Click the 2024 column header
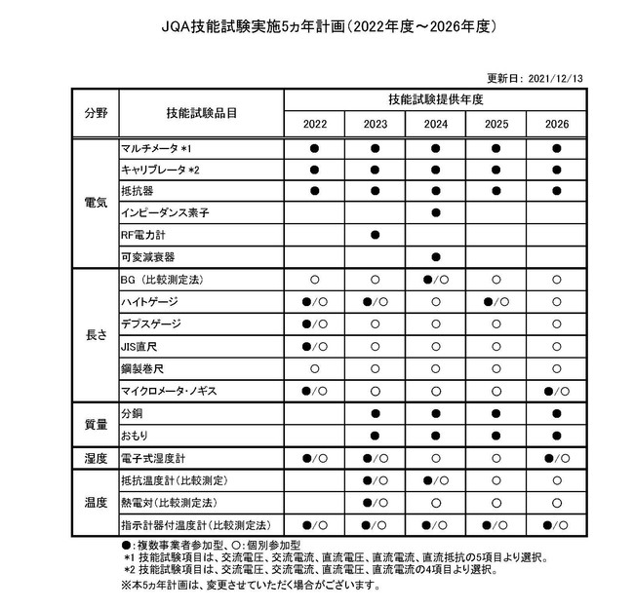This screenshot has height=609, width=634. pos(435,125)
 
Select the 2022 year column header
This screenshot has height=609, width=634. pos(315,125)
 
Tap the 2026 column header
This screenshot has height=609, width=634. pos(556,125)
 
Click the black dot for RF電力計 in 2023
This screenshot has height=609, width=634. pos(375,235)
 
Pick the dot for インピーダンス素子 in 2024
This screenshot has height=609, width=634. pos(435,212)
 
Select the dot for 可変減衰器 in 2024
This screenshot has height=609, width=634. pos(435,256)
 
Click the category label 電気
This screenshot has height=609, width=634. pos(95,202)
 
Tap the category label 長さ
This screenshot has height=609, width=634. pos(95,335)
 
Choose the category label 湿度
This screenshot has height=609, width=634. pos(95,457)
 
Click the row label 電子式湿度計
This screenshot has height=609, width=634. pos(152,457)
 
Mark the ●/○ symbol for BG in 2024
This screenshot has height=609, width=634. pos(435,280)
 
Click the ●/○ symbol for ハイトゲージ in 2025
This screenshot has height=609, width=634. pos(495,302)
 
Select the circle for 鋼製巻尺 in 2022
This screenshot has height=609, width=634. pos(315,368)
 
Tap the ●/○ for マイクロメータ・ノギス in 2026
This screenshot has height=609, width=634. pos(556,391)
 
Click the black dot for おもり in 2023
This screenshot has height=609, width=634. pos(375,435)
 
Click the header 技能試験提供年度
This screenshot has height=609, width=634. pos(435,100)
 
